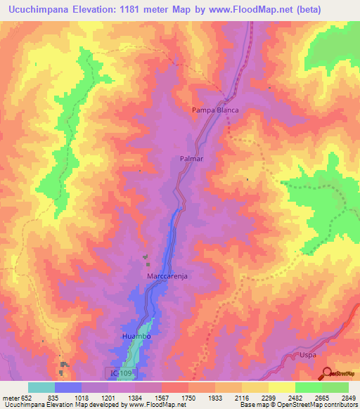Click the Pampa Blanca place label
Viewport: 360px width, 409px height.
(x=216, y=110)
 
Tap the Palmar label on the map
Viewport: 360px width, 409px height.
(x=191, y=159)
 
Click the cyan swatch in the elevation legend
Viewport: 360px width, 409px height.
(x=41, y=387)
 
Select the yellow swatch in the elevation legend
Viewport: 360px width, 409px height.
(x=281, y=387)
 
